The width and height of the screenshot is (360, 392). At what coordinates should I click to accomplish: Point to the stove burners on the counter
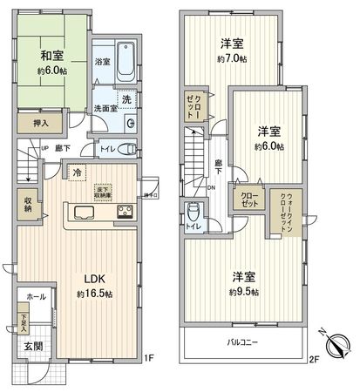(122, 212)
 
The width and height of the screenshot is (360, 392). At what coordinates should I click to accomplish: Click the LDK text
(94, 279)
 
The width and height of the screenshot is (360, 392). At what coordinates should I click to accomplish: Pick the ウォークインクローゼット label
(283, 210)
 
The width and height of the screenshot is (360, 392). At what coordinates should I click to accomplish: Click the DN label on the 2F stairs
(213, 186)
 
